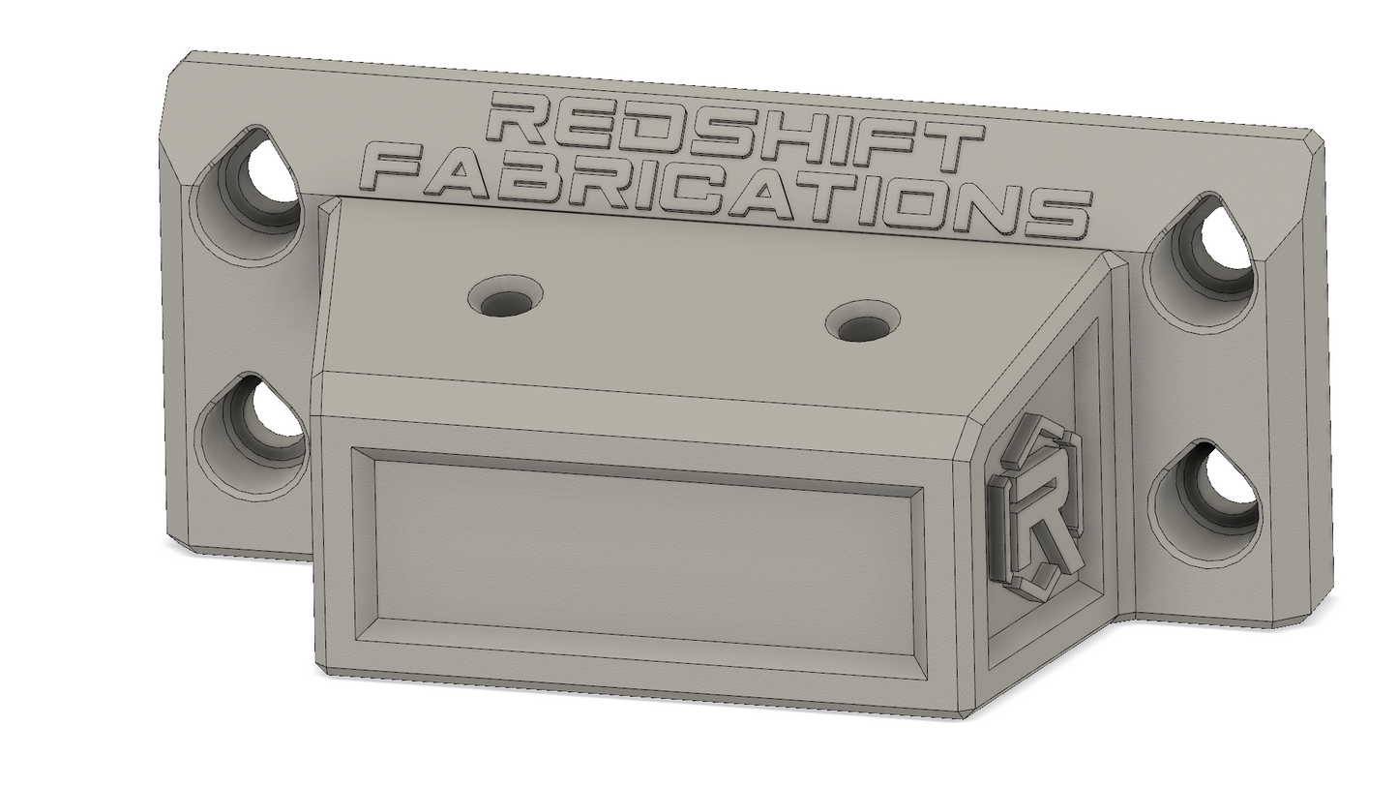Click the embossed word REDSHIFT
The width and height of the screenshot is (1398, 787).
[x=733, y=132]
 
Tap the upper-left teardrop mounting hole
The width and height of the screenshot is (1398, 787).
[x=254, y=180]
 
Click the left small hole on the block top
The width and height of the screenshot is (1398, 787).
[x=506, y=295]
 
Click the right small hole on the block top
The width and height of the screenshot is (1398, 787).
[x=863, y=322]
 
